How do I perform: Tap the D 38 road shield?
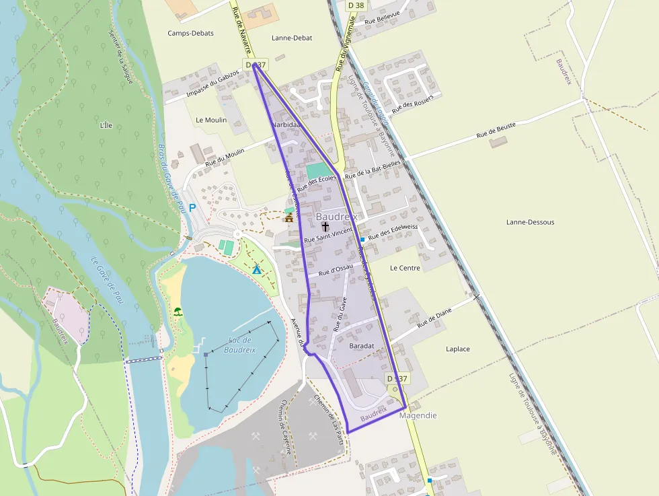pyautogui.click(x=356, y=5)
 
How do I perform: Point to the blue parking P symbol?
pyautogui.click(x=192, y=208)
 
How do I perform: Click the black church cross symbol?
pyautogui.click(x=325, y=227)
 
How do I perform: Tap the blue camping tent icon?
pyautogui.click(x=257, y=269)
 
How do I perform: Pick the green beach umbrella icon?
pyautogui.click(x=178, y=312)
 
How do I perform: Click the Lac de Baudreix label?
pyautogui.click(x=241, y=345)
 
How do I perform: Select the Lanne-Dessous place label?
pyautogui.click(x=531, y=221)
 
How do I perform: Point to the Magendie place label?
pyautogui.click(x=418, y=415)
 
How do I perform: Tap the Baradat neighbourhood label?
pyautogui.click(x=362, y=345)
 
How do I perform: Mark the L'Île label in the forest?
pyautogui.click(x=106, y=125)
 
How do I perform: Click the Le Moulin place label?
pyautogui.click(x=211, y=120)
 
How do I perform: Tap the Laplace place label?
pyautogui.click(x=458, y=349)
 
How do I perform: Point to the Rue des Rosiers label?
pyautogui.click(x=414, y=102)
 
